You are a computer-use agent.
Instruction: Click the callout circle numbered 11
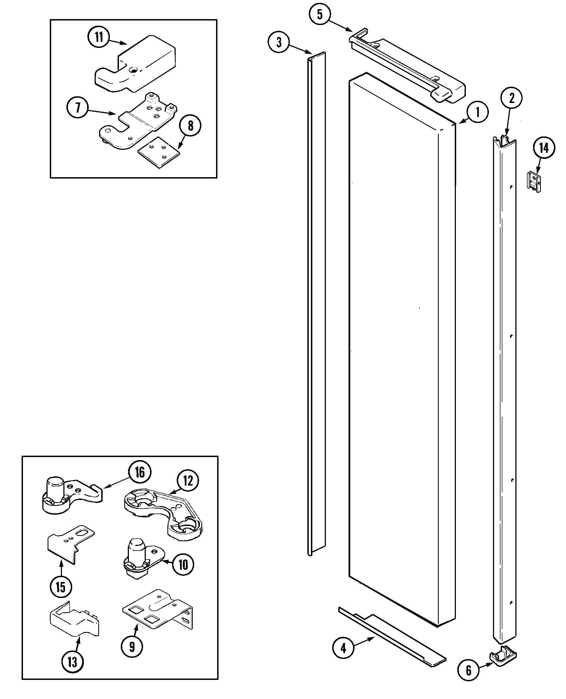99,37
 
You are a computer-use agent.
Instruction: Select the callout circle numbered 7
77,108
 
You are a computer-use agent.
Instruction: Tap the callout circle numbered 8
190,126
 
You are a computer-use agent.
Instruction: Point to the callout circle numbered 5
320,14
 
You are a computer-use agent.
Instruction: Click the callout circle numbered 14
544,148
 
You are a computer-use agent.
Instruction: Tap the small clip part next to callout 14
534,182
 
